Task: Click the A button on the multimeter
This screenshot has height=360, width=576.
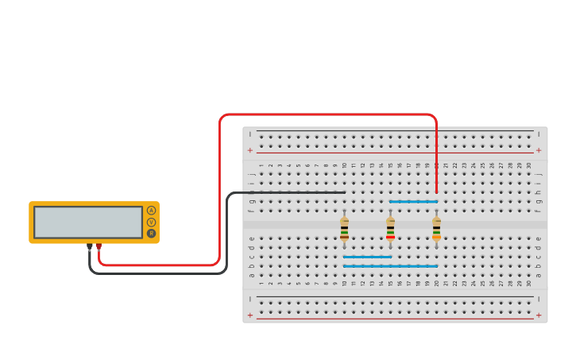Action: (151, 211)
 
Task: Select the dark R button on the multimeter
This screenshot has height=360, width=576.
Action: (151, 234)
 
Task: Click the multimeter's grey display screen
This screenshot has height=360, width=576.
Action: (88, 223)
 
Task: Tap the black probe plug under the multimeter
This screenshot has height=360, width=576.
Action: (89, 247)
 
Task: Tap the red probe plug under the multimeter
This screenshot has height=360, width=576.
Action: (99, 247)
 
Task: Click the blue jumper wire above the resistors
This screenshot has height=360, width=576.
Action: (413, 202)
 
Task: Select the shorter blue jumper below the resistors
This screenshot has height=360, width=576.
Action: (367, 257)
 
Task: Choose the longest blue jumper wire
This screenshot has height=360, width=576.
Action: (390, 266)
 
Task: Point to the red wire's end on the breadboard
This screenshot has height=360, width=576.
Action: (436, 192)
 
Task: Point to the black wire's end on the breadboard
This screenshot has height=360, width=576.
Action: (343, 192)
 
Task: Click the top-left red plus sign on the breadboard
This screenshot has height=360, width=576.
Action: (250, 150)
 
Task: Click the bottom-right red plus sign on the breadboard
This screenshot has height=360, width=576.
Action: (539, 315)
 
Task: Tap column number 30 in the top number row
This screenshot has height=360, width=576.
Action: (528, 165)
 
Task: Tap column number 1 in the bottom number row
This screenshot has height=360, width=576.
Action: (261, 283)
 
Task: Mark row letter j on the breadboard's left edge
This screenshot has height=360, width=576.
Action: (252, 174)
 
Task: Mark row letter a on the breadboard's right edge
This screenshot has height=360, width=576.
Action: (539, 275)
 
